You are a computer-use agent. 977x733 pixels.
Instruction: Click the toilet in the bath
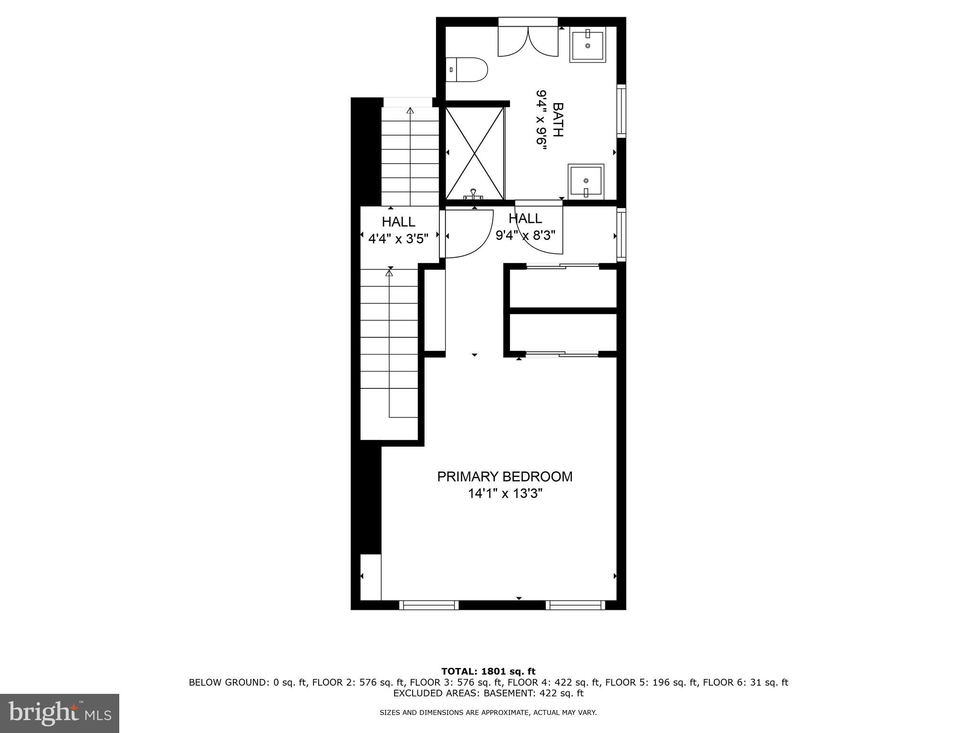tap(467, 70)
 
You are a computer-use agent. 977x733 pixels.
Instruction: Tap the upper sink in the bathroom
tap(588, 45)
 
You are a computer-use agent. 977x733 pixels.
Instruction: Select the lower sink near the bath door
tap(586, 182)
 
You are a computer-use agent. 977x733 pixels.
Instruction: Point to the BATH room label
tap(557, 120)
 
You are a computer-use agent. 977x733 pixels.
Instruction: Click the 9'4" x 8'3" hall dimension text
tap(525, 235)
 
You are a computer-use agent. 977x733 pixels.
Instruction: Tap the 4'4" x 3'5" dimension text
tap(398, 238)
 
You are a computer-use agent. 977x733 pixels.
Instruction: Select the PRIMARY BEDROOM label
tap(505, 477)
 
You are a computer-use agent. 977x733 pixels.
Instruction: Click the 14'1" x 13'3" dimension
tap(505, 493)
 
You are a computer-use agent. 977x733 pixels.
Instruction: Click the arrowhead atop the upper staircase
tap(410, 111)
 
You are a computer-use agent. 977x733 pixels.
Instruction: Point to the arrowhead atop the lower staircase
tap(389, 273)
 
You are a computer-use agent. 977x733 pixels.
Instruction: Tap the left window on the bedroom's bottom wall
tap(428, 605)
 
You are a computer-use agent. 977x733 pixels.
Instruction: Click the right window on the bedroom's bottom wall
tap(575, 605)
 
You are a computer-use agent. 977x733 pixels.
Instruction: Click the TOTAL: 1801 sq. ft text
tap(488, 671)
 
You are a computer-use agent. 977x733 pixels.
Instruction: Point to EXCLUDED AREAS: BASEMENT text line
tap(488, 693)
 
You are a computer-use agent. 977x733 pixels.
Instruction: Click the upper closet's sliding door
tap(562, 266)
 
